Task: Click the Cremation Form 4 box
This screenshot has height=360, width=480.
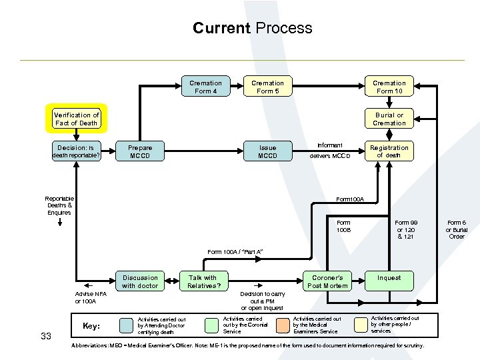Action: coord(205,87)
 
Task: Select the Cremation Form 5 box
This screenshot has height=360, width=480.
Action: coord(267,87)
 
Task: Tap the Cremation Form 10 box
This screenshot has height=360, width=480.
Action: coord(389,87)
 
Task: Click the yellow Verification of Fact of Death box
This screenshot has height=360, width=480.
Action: coord(76,119)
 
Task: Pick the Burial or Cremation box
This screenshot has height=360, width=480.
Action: coord(389,119)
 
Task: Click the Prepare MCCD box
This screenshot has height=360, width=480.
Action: coord(140,151)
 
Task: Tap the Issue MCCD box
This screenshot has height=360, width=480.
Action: coord(267,151)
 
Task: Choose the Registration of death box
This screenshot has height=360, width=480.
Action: coord(389,151)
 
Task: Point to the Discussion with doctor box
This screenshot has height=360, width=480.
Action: coord(140,282)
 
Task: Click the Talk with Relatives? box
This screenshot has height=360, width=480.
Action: coord(203,282)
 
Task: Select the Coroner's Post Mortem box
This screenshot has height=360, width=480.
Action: coord(327,282)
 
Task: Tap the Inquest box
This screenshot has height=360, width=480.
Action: coord(389,278)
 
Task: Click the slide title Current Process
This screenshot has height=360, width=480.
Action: coord(252,28)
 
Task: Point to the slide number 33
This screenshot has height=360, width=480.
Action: coord(46,336)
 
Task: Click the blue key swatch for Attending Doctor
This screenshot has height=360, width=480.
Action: coord(126,325)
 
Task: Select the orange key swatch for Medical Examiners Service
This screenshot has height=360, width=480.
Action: coord(283,325)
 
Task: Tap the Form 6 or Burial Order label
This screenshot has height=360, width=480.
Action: coord(457,229)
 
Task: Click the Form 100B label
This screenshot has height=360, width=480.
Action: coord(343,226)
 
